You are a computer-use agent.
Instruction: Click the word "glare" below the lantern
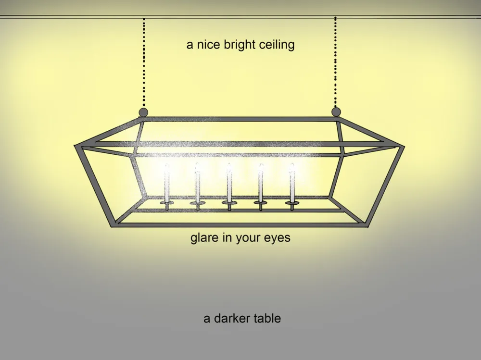click(204, 237)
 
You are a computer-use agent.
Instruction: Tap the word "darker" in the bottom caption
click(230, 318)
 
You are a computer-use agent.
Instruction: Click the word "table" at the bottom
click(267, 318)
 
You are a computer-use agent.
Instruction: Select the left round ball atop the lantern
click(143, 112)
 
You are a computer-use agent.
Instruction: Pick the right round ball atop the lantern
click(336, 112)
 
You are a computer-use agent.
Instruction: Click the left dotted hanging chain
click(143, 62)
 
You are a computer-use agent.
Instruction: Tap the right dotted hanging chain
click(335, 62)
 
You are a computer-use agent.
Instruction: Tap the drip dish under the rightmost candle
click(291, 203)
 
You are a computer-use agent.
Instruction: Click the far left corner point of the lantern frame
click(76, 145)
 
